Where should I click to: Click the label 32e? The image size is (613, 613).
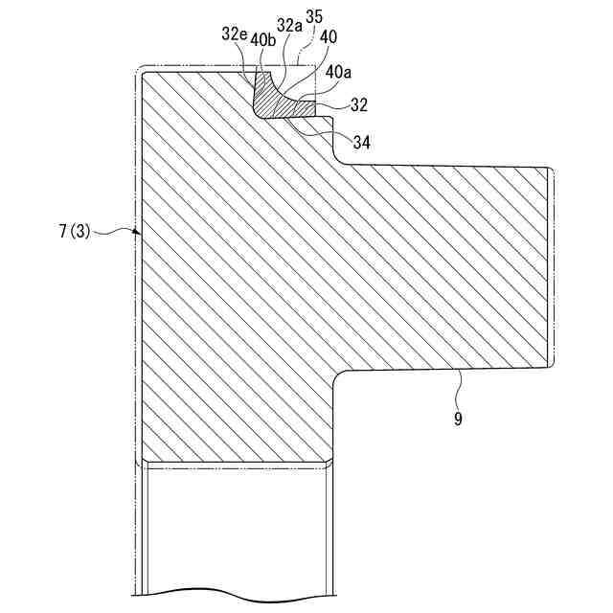point(234,34)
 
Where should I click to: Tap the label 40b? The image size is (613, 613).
point(262,39)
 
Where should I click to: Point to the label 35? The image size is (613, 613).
point(314,16)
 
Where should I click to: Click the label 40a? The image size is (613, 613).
point(337,72)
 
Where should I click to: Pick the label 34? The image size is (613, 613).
point(361,143)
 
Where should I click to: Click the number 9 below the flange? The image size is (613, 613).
point(458,419)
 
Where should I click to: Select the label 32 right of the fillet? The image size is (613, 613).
point(359,104)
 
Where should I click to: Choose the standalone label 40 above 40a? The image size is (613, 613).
point(329,36)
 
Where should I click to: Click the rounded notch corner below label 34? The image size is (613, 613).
point(339,156)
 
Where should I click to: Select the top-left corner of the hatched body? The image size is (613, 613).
point(143,74)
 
